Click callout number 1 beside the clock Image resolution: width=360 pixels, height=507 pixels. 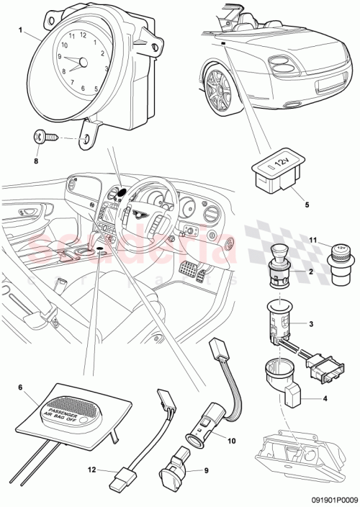[x=20, y=31]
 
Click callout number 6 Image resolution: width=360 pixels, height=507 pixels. [x=20, y=386]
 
